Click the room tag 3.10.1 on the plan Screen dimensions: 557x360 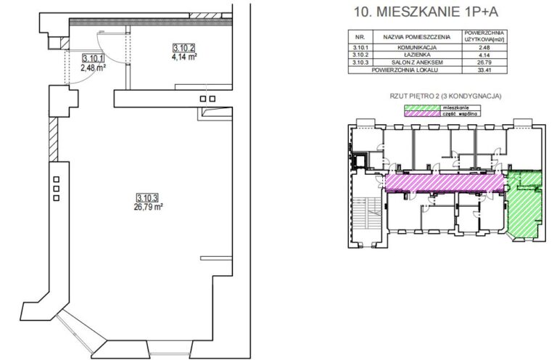[93, 59]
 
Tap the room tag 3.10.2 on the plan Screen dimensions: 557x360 [183, 48]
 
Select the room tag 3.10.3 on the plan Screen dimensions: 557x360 [147, 198]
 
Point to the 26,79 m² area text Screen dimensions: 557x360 [148, 207]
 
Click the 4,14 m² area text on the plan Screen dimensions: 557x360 [184, 57]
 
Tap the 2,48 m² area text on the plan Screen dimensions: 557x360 [94, 67]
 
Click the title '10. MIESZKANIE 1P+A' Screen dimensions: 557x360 [426, 12]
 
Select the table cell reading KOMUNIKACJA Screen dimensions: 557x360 [417, 47]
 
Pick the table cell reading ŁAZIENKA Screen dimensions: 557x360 [417, 54]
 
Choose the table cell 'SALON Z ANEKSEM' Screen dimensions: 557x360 [417, 62]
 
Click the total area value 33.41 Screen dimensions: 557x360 [484, 70]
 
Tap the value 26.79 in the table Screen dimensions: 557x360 [484, 62]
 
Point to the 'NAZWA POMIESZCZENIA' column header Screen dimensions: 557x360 [417, 37]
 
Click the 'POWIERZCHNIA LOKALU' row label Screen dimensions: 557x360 [405, 70]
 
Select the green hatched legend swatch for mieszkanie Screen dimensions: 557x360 [422, 107]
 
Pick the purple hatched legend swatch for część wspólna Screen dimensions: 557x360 [422, 114]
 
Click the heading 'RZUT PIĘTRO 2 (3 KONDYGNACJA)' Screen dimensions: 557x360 [445, 96]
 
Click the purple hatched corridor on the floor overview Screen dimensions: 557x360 [445, 183]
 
